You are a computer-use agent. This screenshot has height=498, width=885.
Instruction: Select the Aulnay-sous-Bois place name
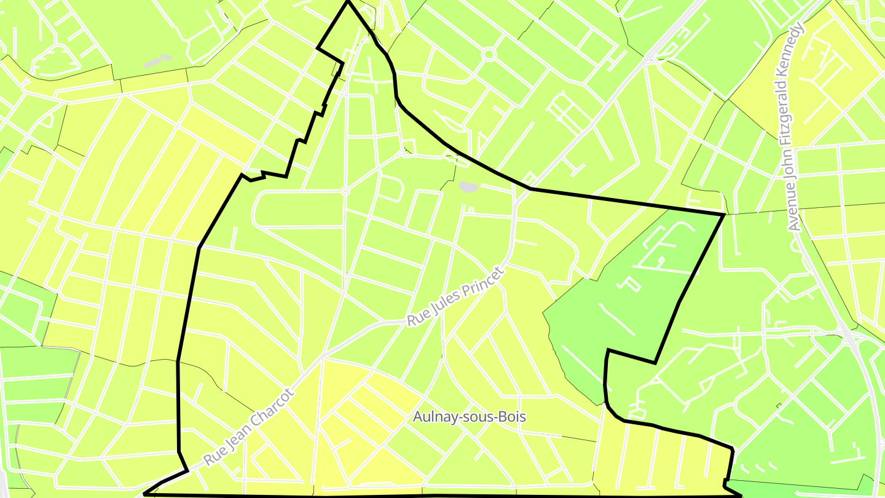[470, 417]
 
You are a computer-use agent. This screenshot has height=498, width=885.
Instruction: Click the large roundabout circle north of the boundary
[489, 55]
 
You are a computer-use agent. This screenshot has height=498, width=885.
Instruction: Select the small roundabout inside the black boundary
[345, 191]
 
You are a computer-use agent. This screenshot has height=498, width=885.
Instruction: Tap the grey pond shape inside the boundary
[468, 186]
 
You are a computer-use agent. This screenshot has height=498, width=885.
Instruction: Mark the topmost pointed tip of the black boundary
[348, 2]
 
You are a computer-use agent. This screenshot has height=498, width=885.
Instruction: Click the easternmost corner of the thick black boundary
[724, 214]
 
